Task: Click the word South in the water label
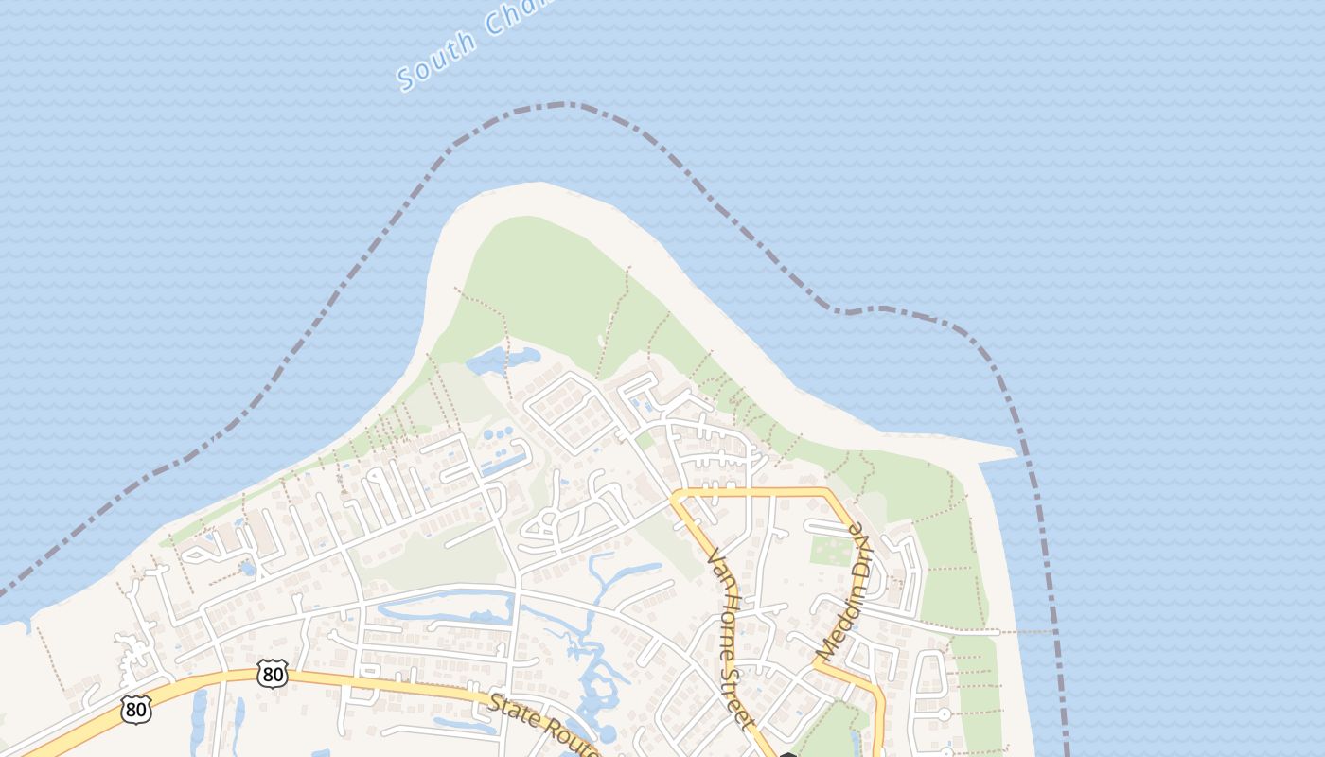(x=437, y=60)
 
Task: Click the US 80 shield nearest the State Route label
(x=273, y=674)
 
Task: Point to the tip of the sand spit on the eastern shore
(x=1013, y=451)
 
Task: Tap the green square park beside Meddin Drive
(x=830, y=550)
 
